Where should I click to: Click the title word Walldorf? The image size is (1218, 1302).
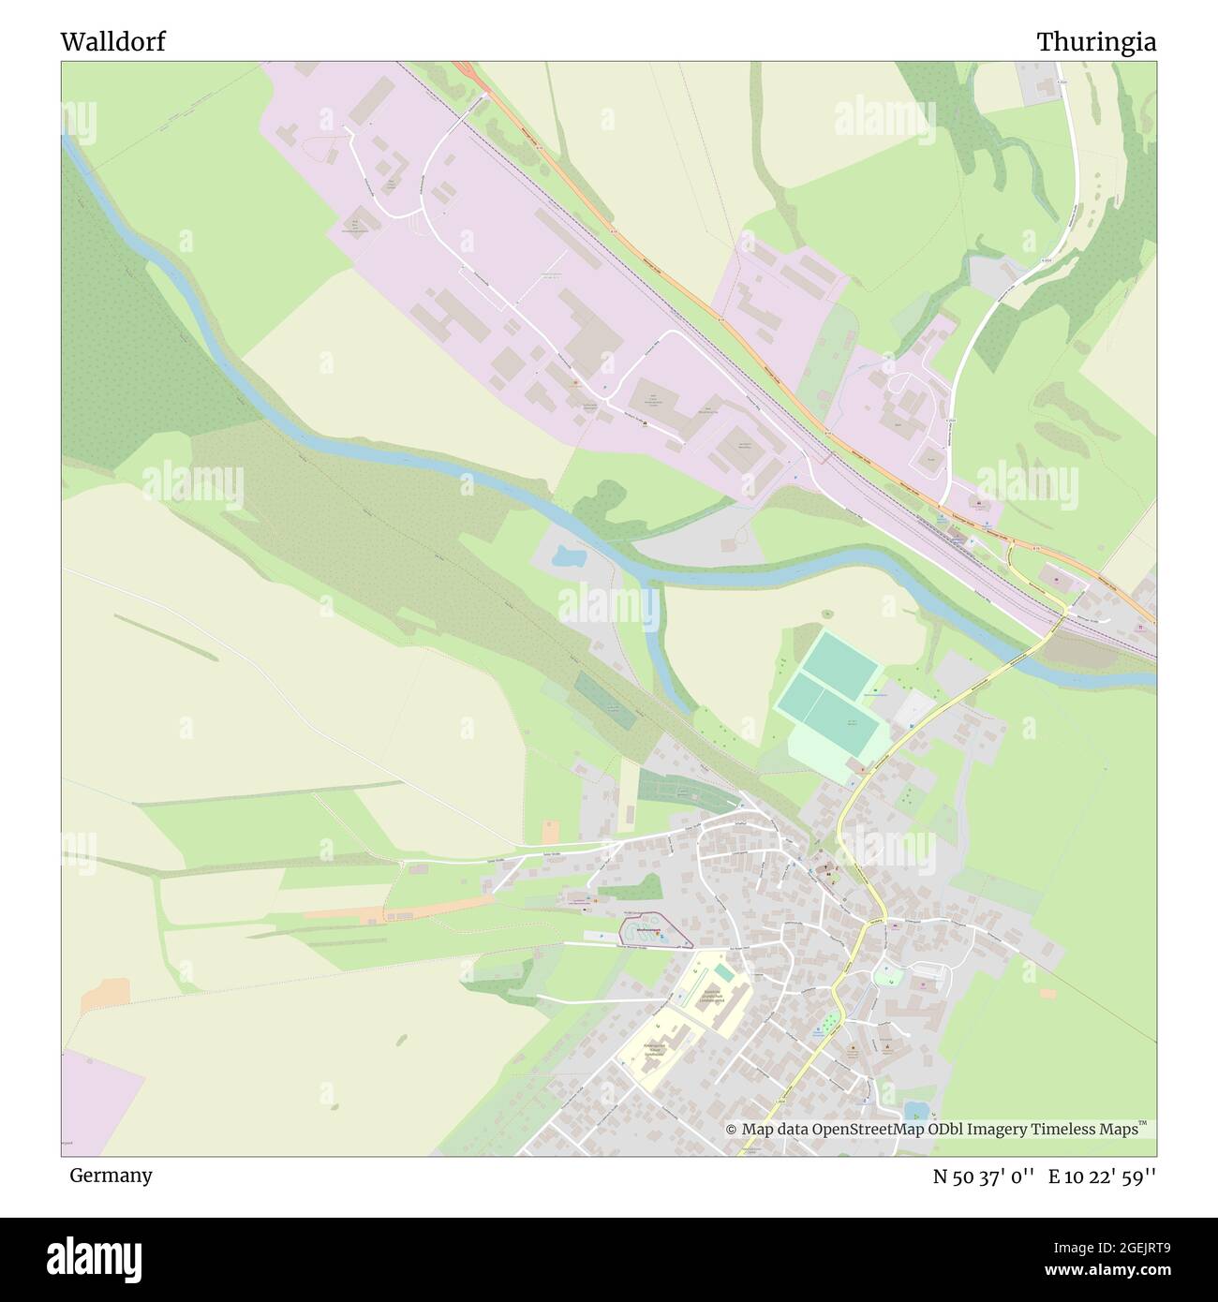point(112,42)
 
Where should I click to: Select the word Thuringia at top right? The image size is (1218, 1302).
point(1095,42)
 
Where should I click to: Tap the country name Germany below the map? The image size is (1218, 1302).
point(111,1175)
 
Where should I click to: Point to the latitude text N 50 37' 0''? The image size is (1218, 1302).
point(983,1176)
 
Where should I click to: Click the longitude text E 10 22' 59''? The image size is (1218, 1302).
point(1102,1176)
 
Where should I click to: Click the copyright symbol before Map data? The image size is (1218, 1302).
point(732,1130)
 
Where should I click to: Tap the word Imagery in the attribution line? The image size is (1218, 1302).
point(992,1130)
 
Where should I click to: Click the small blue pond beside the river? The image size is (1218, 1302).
point(568,558)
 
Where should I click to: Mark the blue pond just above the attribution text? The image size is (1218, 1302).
point(914,1111)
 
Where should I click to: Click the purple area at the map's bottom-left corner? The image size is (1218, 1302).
point(98,1115)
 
